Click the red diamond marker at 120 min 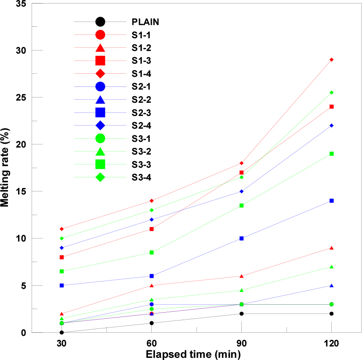(x=332, y=59)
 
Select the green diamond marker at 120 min (x=332, y=92)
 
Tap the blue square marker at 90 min (x=242, y=238)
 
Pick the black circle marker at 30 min (x=62, y=332)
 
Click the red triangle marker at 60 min (x=152, y=285)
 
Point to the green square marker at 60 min (x=152, y=252)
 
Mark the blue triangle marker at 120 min (x=332, y=285)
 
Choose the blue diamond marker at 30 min (x=62, y=248)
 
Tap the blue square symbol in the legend (x=100, y=112)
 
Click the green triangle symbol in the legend (x=100, y=151)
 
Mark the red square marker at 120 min (x=332, y=106)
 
